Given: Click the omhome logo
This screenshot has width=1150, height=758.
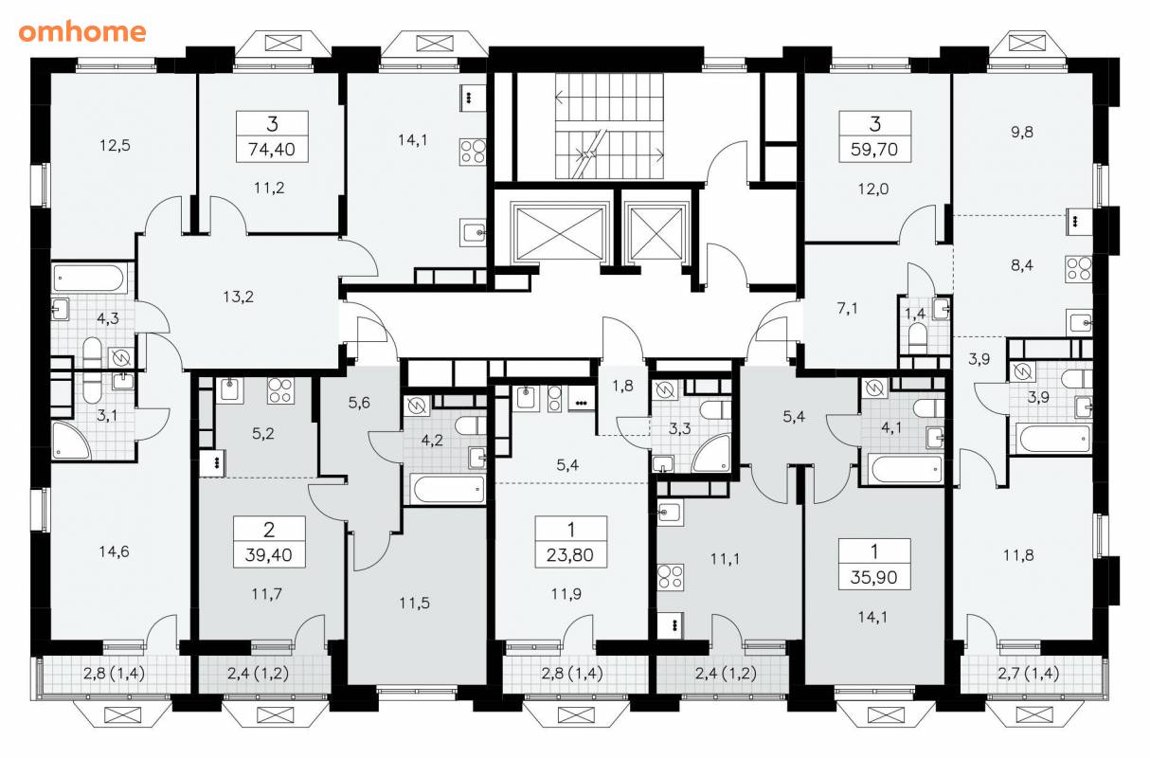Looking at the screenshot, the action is click(82, 32).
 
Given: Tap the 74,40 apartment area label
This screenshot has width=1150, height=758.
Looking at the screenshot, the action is click(272, 150).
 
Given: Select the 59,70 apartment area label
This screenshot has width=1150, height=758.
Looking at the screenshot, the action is click(874, 150).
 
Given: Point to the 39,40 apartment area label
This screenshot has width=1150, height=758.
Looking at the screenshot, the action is click(268, 555).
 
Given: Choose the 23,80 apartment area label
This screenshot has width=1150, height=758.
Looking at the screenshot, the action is click(570, 555).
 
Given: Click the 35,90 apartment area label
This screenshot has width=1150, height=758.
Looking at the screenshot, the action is click(873, 577).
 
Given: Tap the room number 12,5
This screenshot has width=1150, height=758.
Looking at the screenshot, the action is click(115, 145).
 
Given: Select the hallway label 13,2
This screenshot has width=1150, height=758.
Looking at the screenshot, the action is click(238, 297).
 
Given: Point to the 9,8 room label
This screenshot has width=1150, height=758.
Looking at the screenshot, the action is click(1022, 132).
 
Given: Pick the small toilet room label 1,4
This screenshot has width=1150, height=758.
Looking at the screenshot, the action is click(915, 314).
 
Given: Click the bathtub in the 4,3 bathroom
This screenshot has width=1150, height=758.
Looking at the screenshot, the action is click(88, 279).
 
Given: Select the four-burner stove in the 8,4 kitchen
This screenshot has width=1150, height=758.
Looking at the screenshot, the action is click(1079, 268).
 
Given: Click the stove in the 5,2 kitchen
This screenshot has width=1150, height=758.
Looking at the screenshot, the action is click(280, 390).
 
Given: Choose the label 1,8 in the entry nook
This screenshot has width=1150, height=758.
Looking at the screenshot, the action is click(622, 386).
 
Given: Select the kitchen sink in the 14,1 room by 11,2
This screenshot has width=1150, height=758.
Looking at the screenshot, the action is click(473, 232).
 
